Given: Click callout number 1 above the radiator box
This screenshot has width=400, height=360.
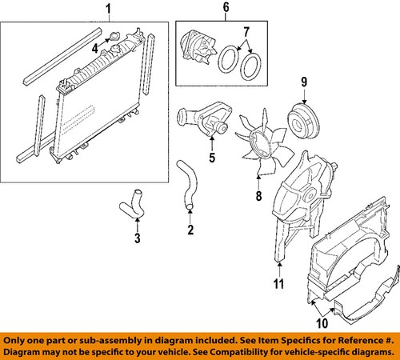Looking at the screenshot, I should point(109,10).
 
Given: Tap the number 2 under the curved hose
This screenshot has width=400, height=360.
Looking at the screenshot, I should point(190,232).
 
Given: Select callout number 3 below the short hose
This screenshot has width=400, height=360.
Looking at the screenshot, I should point(138,238).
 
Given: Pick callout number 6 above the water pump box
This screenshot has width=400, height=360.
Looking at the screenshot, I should point(225,10).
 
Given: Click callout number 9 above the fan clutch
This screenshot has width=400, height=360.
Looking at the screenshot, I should point(304,82).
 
